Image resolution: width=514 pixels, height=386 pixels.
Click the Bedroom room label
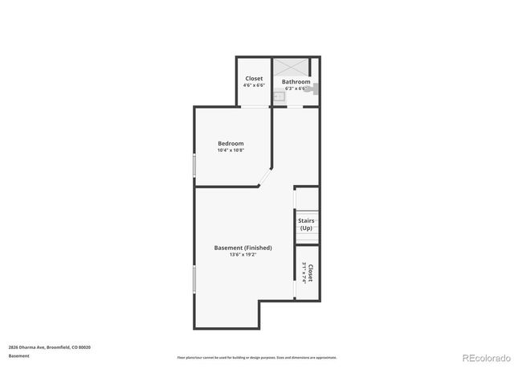(230, 143)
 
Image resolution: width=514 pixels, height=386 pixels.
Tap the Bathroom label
(296, 81)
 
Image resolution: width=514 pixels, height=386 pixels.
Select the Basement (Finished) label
(243, 248)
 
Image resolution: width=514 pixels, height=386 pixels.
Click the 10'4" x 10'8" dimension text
(230, 150)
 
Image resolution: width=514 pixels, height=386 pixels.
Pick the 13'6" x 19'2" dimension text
(243, 256)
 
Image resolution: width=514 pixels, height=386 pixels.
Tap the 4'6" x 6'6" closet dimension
(254, 85)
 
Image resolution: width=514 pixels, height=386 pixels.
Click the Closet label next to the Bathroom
(254, 79)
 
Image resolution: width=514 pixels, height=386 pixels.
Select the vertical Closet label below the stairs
(310, 273)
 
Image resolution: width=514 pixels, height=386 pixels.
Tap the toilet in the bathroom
(315, 88)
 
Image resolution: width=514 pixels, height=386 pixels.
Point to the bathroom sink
(278, 96)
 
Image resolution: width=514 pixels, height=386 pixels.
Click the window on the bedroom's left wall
(194, 165)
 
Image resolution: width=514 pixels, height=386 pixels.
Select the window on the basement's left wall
(194, 280)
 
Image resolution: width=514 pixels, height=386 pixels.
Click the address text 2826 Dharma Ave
(49, 347)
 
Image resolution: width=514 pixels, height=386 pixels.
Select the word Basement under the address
(19, 355)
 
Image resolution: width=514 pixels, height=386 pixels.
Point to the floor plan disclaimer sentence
(257, 357)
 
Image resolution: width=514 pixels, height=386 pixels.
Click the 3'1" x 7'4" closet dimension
(304, 273)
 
